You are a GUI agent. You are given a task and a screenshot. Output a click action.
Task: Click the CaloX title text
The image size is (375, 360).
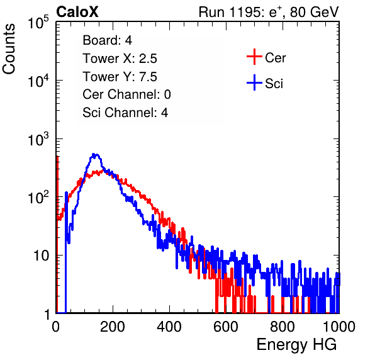pos(77,12)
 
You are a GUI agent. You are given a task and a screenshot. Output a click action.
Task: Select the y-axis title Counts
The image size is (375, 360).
pos(9,49)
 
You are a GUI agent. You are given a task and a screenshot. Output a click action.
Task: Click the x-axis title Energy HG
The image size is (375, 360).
pos(296,345)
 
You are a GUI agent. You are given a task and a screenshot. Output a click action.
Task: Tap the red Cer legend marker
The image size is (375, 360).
pos(254,57)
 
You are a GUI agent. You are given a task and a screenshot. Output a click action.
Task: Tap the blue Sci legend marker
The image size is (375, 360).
pos(254,83)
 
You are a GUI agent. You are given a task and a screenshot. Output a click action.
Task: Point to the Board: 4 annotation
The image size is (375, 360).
pos(107,40)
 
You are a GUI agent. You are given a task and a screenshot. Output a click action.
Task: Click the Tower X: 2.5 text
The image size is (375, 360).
pos(120,59)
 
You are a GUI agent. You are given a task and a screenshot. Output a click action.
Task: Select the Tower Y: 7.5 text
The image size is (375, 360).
pos(120,77)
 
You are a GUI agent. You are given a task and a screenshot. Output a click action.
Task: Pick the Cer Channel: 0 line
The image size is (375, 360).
pos(126,94)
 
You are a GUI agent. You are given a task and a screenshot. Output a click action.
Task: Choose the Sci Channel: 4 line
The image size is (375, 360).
pos(125,113)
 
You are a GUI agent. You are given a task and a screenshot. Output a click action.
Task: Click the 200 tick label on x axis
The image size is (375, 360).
pos(113,327)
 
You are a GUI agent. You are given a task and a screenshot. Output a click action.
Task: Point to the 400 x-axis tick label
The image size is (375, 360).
pos(169,327)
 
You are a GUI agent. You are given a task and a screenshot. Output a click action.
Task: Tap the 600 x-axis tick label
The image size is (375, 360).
pos(226,327)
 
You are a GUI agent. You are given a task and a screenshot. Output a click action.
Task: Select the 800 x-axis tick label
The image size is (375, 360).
pos(283,327)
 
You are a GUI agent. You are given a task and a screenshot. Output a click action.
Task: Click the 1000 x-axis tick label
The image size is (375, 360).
pos(339,327)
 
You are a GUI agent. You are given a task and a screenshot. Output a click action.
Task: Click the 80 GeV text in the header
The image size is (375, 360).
pos(314,12)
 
